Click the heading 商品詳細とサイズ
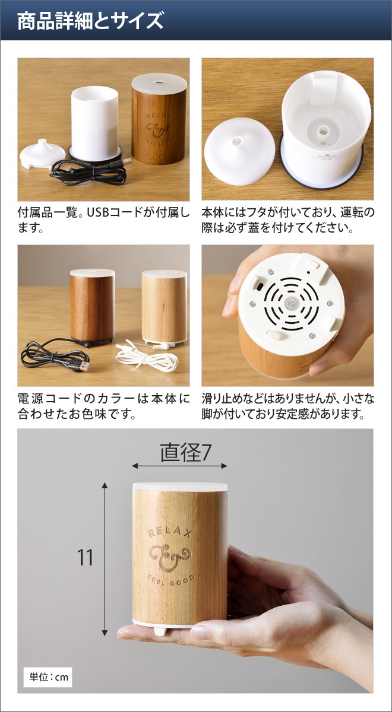[90, 22]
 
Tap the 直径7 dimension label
[185, 453]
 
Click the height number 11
[86, 558]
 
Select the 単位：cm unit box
[48, 677]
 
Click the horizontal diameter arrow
[179, 466]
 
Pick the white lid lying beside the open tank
[240, 151]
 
